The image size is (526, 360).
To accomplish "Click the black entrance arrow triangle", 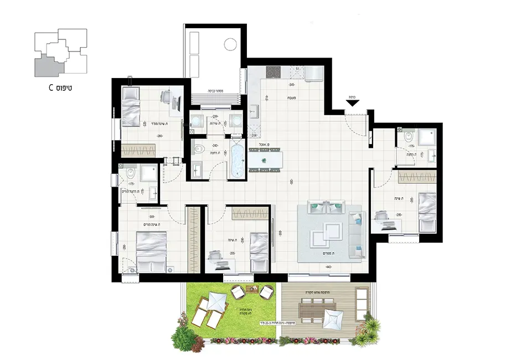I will click(353, 102).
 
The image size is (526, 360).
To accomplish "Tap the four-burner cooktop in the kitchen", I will click(274, 72).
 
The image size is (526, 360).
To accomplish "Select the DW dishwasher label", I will click(255, 135).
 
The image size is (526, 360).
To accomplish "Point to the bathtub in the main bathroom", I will click(237, 159).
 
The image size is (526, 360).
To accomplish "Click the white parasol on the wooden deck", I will click(334, 320).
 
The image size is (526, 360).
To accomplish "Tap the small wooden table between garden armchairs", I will click(253, 289).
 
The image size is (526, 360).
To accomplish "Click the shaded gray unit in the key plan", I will click(46, 66).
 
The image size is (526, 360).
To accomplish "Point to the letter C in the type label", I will click(50, 88).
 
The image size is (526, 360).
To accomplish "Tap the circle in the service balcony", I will click(230, 43).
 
